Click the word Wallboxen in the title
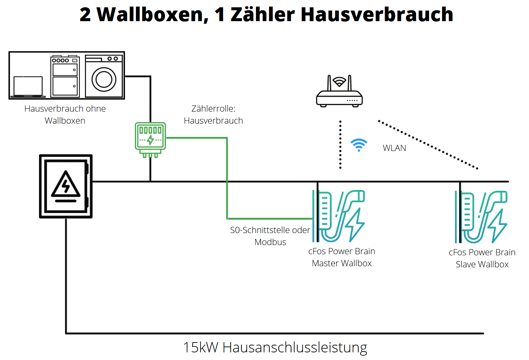pos(152,15)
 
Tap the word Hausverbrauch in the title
pos(377,15)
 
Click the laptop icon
pos(28,87)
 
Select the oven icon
pos(65,76)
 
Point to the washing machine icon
pos(104,76)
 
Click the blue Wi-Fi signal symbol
pos(359,145)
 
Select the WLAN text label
pos(394,148)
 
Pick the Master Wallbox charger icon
pos(339,216)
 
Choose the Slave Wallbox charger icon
pos(481,217)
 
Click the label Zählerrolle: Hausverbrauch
pos(213,115)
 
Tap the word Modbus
pos(270,242)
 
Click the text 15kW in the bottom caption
pos(200,347)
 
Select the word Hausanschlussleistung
pos(295,347)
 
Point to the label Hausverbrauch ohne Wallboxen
pos(65,115)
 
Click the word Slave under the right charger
pos(466,264)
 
